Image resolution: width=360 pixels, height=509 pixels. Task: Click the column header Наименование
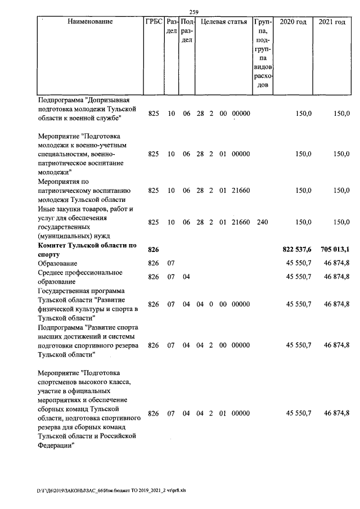click(x=90, y=22)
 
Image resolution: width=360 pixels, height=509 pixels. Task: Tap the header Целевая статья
click(x=224, y=22)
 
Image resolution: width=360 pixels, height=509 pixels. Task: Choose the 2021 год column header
click(x=332, y=22)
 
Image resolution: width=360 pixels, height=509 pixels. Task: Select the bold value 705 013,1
click(x=335, y=249)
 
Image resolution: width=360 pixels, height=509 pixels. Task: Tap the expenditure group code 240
click(x=262, y=222)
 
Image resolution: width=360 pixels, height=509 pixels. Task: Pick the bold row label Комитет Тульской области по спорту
click(x=87, y=249)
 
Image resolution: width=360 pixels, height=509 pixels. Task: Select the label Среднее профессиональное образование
click(x=80, y=277)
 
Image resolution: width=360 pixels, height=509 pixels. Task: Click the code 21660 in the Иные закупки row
click(x=240, y=222)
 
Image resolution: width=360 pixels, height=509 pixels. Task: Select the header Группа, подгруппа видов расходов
click(x=262, y=53)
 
